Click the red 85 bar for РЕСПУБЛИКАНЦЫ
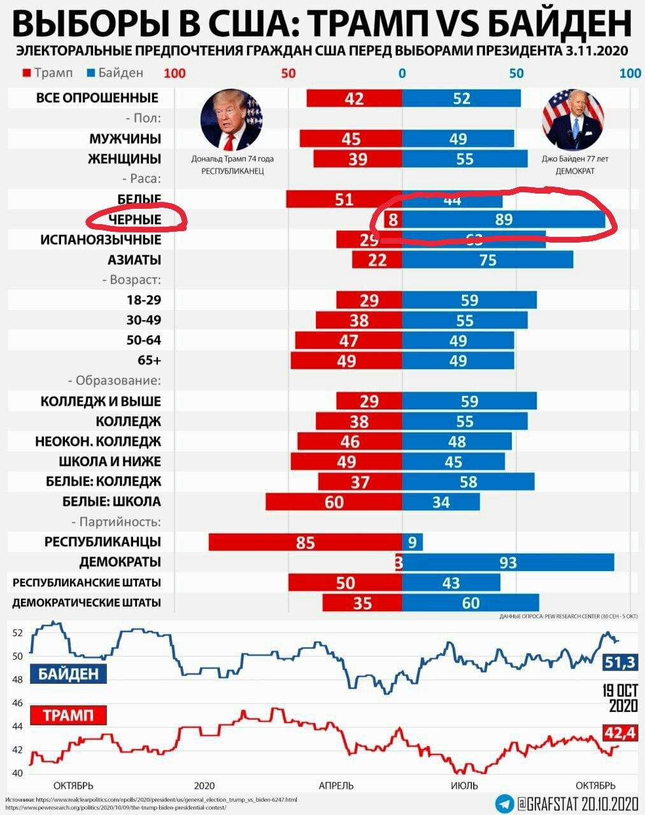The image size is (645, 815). (x=305, y=542)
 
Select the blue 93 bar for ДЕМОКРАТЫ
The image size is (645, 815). (x=507, y=562)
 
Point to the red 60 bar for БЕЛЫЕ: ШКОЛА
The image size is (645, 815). (x=334, y=502)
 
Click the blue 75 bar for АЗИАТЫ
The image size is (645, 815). (x=487, y=260)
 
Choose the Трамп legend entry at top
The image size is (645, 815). (x=48, y=73)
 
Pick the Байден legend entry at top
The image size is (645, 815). (x=115, y=73)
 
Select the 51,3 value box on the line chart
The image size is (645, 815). (x=620, y=662)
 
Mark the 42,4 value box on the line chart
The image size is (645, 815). (x=620, y=733)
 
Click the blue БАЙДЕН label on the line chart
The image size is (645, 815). (x=69, y=674)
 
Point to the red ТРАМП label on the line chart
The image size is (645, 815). (x=68, y=715)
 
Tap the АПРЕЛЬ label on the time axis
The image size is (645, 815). (x=336, y=786)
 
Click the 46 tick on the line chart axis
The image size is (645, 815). (x=17, y=703)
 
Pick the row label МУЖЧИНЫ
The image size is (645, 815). (x=125, y=139)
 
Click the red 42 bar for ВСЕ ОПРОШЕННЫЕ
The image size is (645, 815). (x=354, y=98)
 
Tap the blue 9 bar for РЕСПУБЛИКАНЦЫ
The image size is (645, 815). (x=412, y=542)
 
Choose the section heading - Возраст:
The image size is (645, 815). (x=131, y=280)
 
